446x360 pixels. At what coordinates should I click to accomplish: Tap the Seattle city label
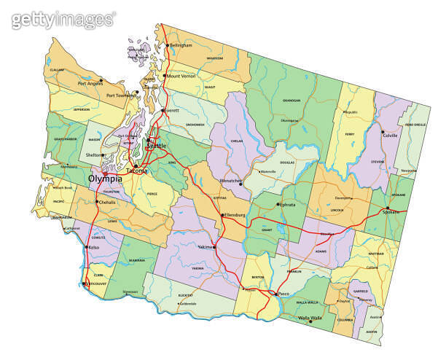(x=157, y=146)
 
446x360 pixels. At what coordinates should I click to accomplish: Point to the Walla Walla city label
(x=310, y=318)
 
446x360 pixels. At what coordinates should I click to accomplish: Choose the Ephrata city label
(x=288, y=205)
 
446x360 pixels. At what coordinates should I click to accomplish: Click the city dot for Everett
(x=163, y=111)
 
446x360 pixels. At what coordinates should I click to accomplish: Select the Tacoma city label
(x=136, y=171)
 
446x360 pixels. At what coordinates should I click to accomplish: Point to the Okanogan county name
(x=290, y=101)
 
